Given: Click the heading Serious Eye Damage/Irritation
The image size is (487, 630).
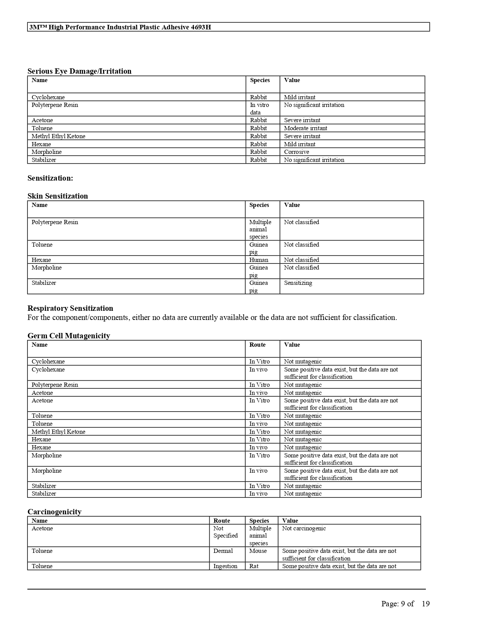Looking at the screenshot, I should [79, 71].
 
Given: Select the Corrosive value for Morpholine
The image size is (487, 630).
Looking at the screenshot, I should [296, 152].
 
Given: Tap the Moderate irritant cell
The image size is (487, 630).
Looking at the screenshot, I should [305, 128].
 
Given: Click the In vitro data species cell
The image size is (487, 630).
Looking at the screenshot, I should [259, 108].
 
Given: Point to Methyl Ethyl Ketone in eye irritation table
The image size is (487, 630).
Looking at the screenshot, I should [58, 136].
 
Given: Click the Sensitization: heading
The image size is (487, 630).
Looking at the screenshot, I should [50, 178].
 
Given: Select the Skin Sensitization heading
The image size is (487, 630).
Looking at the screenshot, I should [58, 196].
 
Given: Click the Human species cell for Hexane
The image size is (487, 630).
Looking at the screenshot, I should [259, 260].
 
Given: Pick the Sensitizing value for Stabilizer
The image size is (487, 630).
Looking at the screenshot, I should [298, 283].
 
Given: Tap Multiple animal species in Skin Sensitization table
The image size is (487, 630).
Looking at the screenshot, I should [260, 229].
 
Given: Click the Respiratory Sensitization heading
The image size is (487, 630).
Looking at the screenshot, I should [70, 308].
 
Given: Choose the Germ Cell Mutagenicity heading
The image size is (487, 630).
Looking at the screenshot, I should [69, 336].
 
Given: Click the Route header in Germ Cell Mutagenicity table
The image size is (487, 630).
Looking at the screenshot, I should [257, 345].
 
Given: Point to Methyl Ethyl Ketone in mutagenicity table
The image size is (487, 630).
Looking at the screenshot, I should [58, 432].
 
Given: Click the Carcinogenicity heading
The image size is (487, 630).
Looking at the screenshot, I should [54, 512].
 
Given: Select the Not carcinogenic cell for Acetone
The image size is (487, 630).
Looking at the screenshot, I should [304, 528].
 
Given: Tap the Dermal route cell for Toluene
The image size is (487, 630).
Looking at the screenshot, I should [223, 551].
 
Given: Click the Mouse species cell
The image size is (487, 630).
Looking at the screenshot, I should [258, 551].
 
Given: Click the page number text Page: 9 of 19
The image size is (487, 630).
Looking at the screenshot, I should [405, 604].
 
